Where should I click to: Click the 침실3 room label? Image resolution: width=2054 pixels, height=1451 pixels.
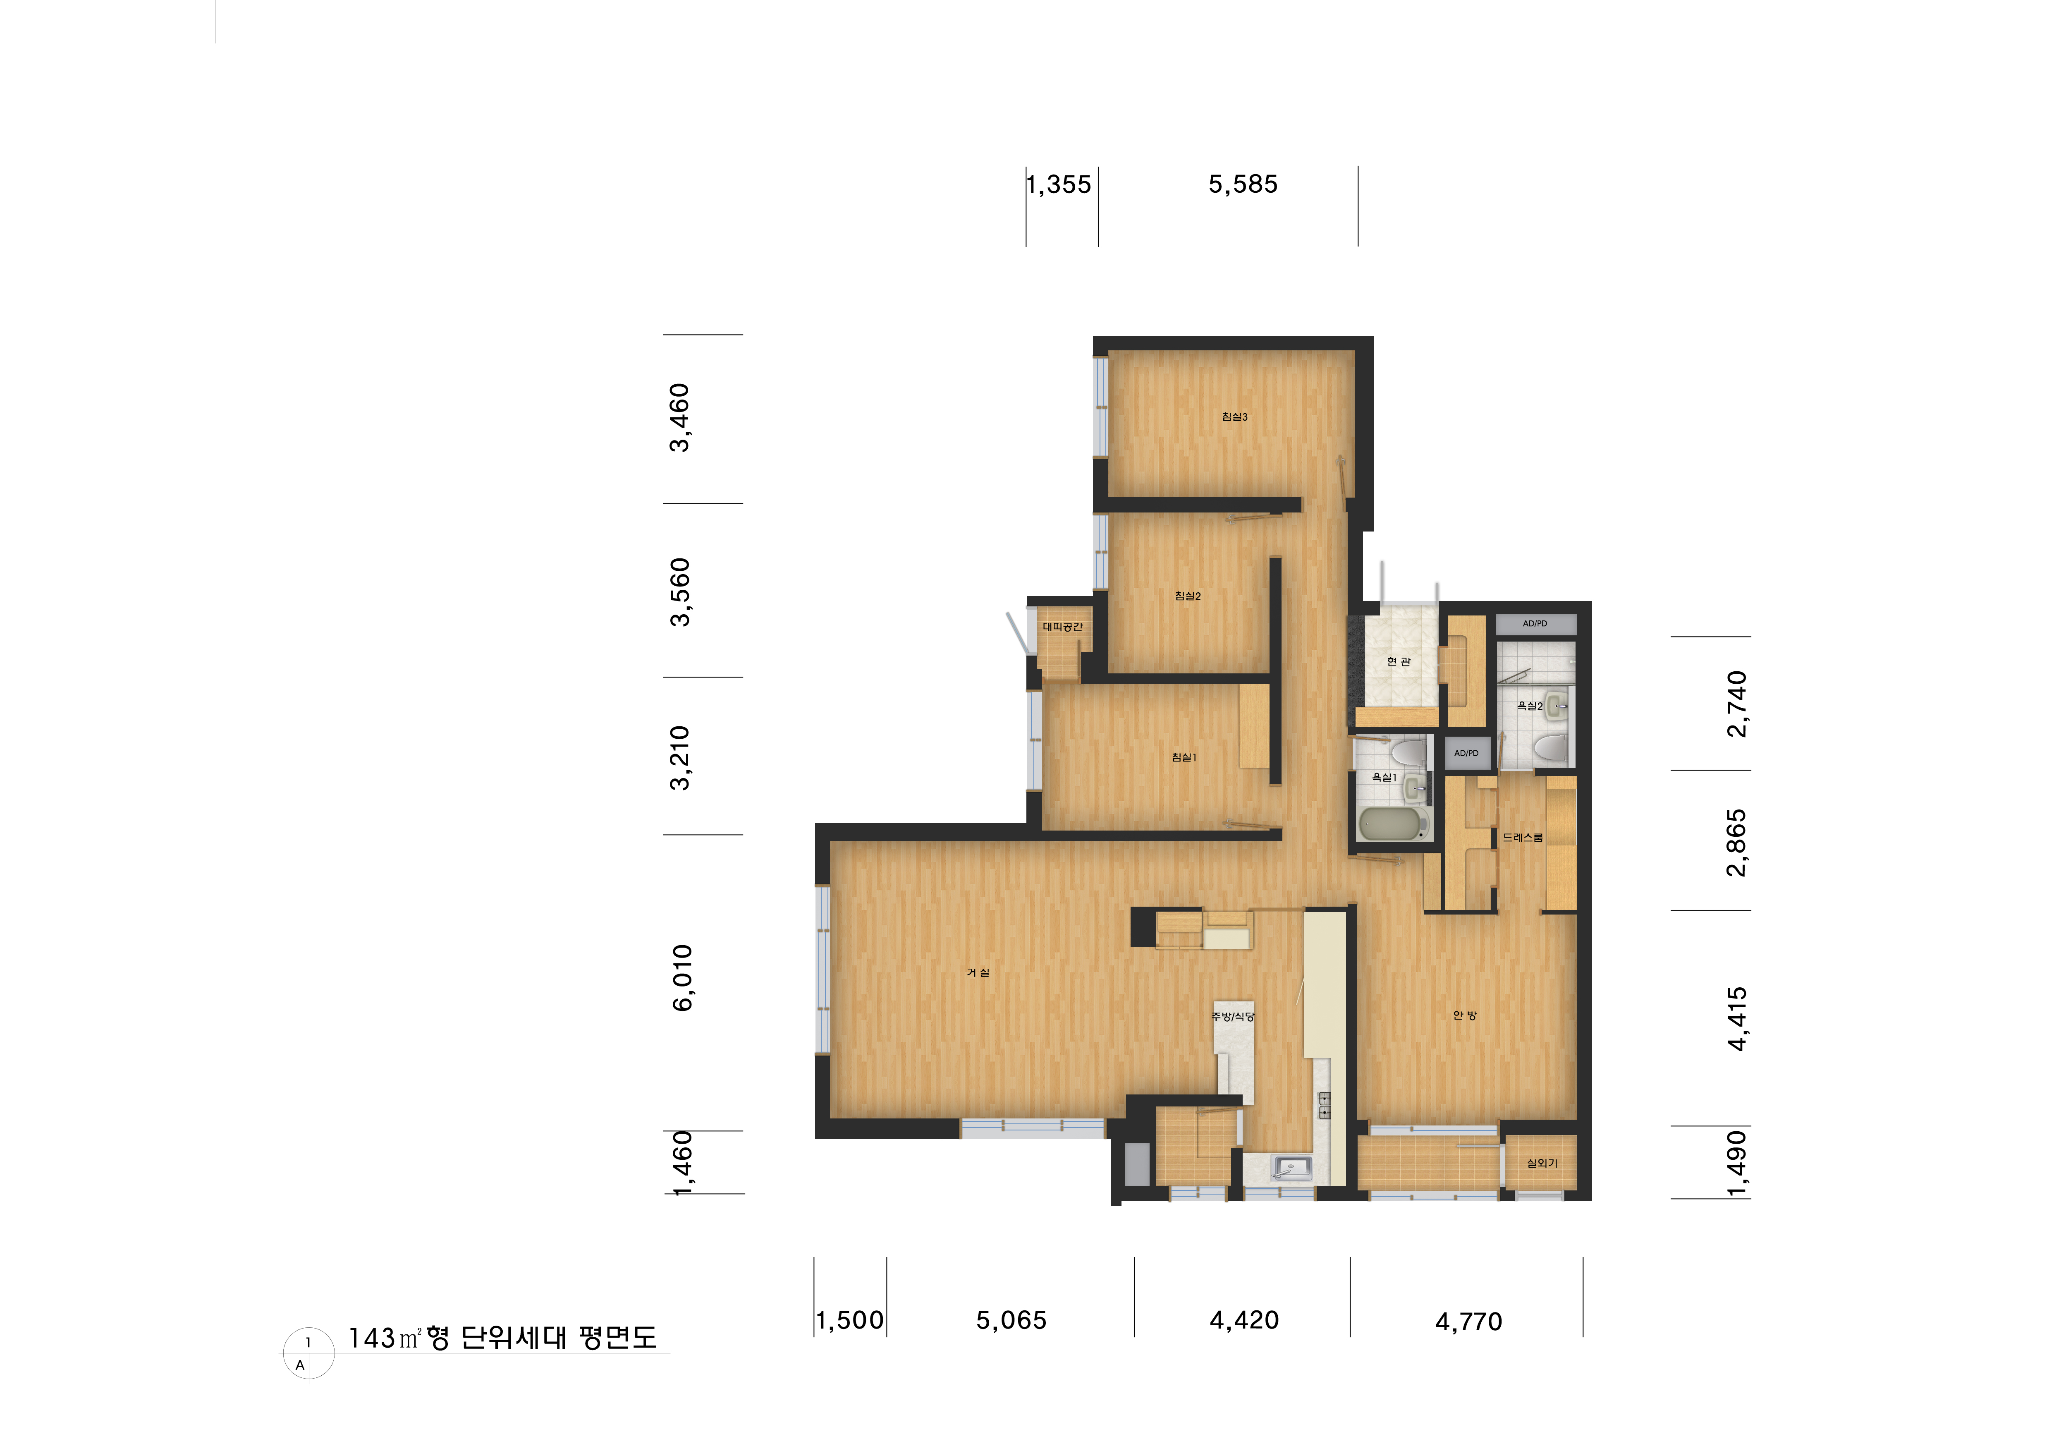coord(1234,417)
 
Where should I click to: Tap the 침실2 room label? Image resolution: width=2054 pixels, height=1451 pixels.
coord(1188,596)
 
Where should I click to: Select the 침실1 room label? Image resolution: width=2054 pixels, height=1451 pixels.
coord(1184,758)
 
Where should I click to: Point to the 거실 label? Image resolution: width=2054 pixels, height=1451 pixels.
coord(978,972)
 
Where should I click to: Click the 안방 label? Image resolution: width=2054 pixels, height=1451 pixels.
coord(1464,1015)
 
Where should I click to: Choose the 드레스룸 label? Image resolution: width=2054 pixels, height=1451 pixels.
coord(1523,837)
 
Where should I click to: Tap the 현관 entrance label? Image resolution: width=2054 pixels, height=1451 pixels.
coord(1398,662)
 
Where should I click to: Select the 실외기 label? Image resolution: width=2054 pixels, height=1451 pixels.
coord(1541,1163)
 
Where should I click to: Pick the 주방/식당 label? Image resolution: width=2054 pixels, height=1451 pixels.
coord(1233,1016)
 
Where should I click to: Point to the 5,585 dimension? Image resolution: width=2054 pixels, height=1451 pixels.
coord(1243,184)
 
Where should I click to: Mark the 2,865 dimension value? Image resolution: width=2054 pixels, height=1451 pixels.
coord(1736,843)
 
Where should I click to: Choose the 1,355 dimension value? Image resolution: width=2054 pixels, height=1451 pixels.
coord(1059,184)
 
